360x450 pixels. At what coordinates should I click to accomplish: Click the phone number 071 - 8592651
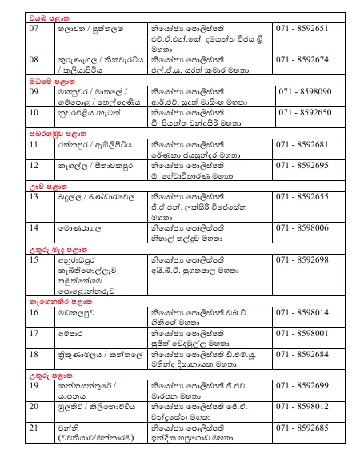click(302, 27)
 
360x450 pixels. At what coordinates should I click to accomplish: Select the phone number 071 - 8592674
click(302, 59)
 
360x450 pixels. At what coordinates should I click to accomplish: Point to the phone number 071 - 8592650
click(304, 113)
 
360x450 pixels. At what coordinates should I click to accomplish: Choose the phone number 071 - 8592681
click(302, 145)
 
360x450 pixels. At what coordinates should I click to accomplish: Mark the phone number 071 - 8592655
click(302, 196)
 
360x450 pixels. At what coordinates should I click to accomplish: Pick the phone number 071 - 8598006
click(302, 227)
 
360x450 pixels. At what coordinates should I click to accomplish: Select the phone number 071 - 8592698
click(302, 260)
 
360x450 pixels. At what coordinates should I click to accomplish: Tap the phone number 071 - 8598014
click(302, 312)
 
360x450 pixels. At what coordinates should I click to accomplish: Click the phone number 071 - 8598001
click(302, 332)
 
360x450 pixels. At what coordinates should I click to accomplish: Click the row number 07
click(34, 27)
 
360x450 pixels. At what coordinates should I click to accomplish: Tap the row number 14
click(34, 227)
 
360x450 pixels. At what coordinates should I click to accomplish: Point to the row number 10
click(34, 113)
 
